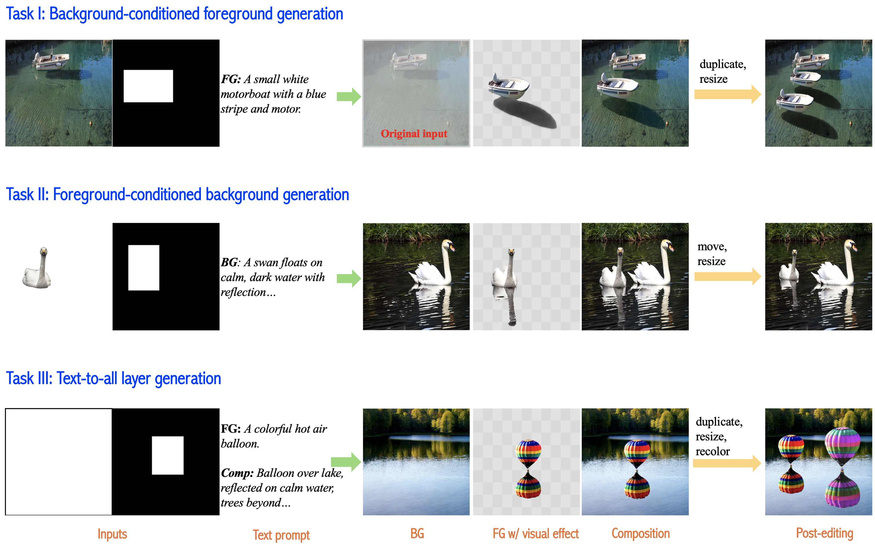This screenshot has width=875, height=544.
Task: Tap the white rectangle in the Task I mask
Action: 148,86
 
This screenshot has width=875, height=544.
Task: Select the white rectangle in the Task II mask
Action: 144,268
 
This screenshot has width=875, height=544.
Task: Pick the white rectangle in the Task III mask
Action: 168,455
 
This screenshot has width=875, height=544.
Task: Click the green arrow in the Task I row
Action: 349,96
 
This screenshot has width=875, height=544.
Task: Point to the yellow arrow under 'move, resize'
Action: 728,276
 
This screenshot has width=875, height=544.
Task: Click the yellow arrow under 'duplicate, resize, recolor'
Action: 727,463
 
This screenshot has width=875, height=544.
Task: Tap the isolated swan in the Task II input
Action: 37,268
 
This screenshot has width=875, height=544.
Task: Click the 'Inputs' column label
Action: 112,534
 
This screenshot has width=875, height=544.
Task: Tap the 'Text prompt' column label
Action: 281,535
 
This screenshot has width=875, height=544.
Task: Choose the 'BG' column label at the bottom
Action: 417,534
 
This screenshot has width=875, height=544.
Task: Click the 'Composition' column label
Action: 640,534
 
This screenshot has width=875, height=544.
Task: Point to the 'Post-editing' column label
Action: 825,533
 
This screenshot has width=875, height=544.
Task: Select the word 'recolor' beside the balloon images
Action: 713,451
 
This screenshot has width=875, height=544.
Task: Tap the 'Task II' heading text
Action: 27,195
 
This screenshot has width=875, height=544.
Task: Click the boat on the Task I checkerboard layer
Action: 508,86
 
